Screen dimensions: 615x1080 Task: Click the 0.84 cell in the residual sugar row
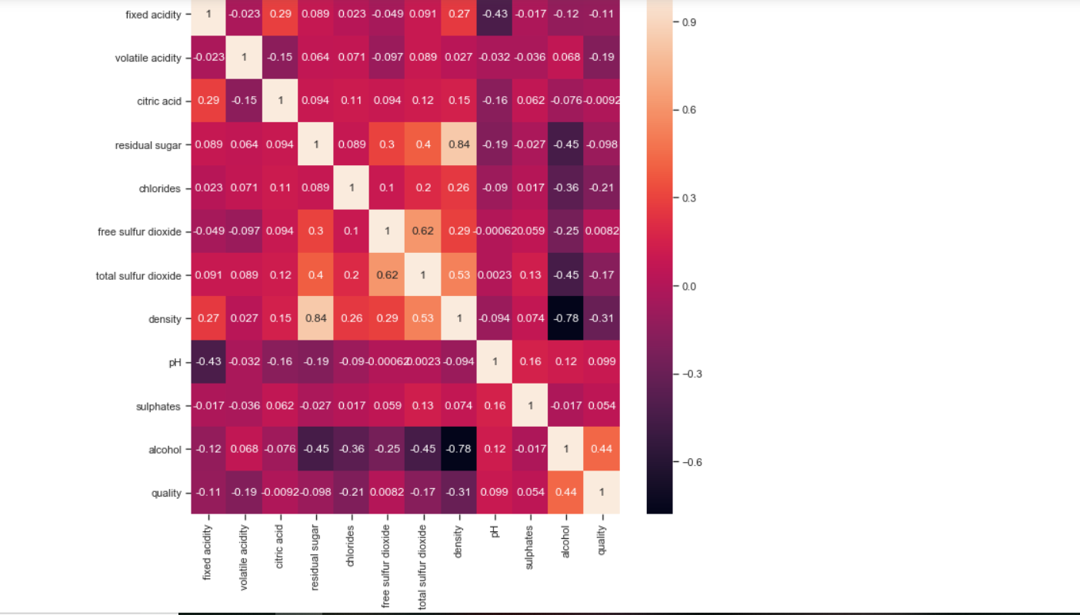point(459,145)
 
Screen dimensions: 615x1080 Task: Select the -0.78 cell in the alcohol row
point(459,449)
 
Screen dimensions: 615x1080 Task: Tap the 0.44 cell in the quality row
point(566,493)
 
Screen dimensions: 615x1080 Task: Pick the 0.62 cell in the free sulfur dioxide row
point(423,231)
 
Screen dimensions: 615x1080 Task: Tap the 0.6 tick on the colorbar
point(690,110)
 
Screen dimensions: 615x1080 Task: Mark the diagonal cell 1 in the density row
point(459,318)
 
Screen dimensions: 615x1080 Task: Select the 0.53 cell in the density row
point(423,318)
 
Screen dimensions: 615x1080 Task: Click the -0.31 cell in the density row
point(602,318)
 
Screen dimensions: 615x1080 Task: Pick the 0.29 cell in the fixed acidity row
point(279,14)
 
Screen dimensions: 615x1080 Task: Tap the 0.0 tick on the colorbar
point(690,287)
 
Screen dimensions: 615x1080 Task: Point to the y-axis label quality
point(166,493)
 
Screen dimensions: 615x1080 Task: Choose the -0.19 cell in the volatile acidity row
point(602,58)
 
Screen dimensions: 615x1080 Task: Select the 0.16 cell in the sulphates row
point(495,406)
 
